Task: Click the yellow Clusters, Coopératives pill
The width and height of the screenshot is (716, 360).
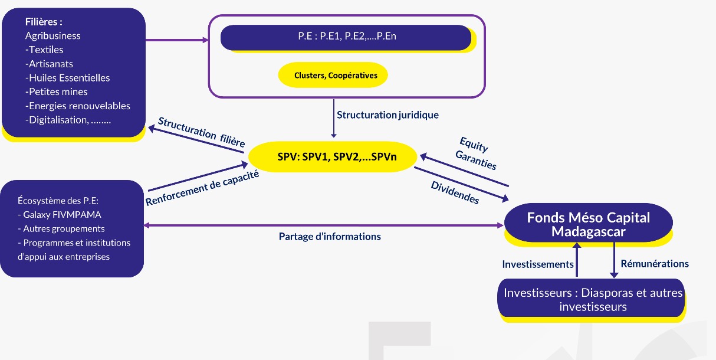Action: (x=333, y=75)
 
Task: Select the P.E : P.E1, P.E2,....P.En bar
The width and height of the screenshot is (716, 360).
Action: (x=346, y=37)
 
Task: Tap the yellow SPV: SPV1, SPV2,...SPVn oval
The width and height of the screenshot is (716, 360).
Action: (x=333, y=157)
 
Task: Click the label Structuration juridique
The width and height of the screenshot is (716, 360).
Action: (x=387, y=114)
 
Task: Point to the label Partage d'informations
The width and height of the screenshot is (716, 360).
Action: (x=330, y=236)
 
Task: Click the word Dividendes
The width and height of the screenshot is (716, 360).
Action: (x=455, y=192)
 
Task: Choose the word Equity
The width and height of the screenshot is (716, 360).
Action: (x=474, y=145)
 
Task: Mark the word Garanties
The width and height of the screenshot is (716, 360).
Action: (x=476, y=159)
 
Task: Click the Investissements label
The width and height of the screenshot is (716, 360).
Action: (x=537, y=264)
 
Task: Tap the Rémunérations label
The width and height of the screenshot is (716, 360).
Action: (x=655, y=264)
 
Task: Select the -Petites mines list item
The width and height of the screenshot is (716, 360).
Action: (x=56, y=92)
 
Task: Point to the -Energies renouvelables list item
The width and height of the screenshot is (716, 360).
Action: (x=77, y=106)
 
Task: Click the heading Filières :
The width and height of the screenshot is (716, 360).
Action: (x=44, y=22)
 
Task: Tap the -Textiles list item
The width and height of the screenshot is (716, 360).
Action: (x=44, y=50)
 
